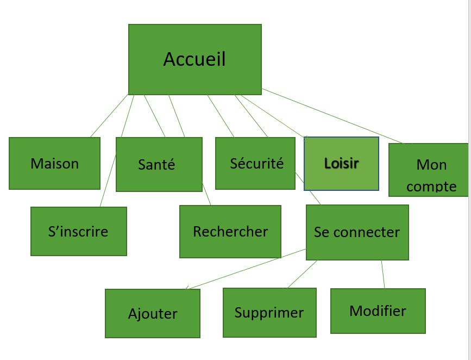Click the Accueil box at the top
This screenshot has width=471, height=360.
coord(194,59)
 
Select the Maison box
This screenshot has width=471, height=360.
coord(54,163)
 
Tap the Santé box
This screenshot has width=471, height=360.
coord(159,164)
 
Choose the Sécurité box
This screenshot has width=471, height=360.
coord(255,163)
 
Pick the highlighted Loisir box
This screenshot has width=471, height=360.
coord(341,163)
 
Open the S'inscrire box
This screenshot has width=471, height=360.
coord(78,231)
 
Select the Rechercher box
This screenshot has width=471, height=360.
coord(230,231)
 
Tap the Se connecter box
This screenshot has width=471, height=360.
coord(357,232)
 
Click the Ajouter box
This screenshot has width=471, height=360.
coord(152,314)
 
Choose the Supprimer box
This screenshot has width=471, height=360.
coord(269,313)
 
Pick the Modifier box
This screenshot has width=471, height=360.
coord(378,311)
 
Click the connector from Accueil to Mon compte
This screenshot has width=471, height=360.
coord(331,116)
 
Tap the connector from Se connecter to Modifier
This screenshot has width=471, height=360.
coord(383,275)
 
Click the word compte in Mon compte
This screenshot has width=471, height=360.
coord(431,187)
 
